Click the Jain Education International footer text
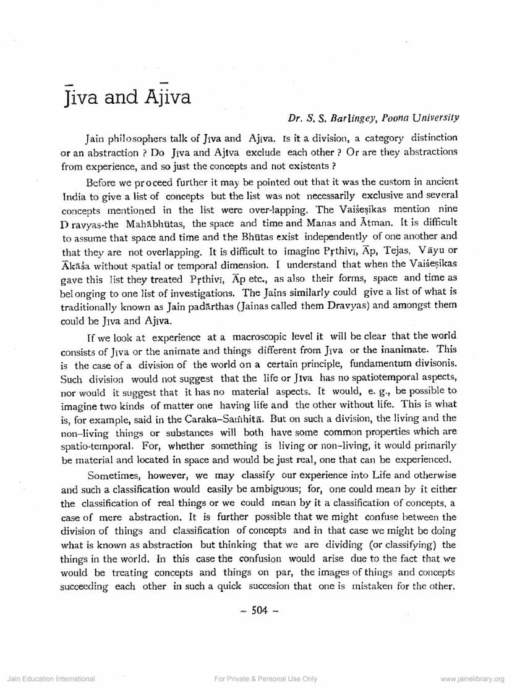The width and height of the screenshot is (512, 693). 51,679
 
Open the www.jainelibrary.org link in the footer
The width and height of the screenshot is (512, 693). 472,679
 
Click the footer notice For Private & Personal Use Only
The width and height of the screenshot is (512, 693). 265,679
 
